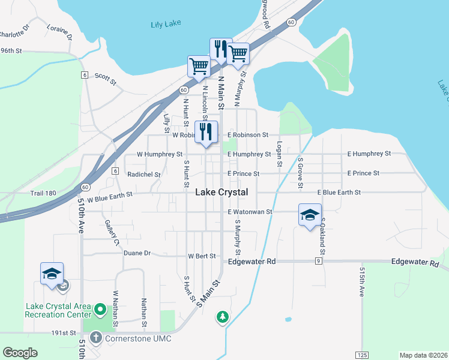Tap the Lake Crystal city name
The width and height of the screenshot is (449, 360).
click(x=221, y=192)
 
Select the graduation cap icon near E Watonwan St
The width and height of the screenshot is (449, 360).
click(x=310, y=215)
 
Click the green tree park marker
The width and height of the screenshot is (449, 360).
click(x=223, y=316)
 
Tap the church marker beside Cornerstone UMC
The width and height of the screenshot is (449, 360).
click(x=95, y=338)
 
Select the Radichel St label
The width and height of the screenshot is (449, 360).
click(x=144, y=175)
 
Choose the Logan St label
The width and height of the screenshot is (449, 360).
click(x=279, y=154)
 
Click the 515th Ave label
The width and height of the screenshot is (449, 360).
click(x=362, y=282)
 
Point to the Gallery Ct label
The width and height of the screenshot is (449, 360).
click(x=110, y=232)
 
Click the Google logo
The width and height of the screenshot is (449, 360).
click(x=20, y=353)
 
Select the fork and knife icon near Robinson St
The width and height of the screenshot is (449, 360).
click(x=206, y=132)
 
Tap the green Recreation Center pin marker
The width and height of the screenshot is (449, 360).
click(x=100, y=310)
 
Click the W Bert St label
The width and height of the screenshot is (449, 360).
click(x=202, y=256)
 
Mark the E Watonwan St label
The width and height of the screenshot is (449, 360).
click(x=250, y=212)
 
